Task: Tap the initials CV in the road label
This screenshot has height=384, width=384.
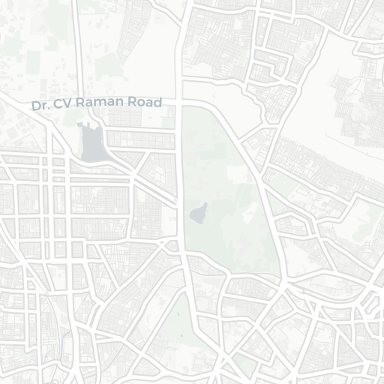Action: click(x=61, y=104)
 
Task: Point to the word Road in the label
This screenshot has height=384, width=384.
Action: click(x=145, y=101)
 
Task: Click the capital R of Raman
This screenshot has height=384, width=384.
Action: click(x=79, y=103)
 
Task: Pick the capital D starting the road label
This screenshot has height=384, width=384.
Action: click(x=35, y=106)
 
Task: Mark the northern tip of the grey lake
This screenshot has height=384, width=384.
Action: click(x=94, y=126)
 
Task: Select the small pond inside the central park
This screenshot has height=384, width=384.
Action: click(x=199, y=214)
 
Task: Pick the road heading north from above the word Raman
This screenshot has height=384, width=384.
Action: click(x=77, y=45)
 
